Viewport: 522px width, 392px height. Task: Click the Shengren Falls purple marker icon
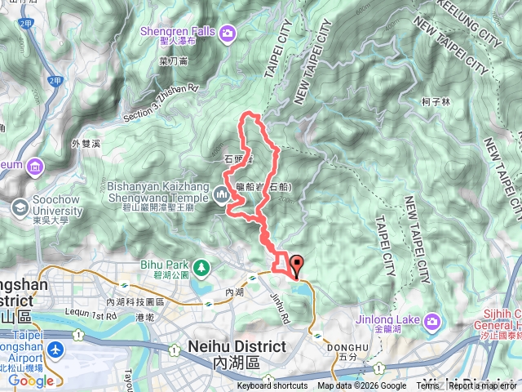228,33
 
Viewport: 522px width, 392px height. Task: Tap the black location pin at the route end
296,265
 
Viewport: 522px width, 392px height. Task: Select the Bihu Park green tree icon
199,265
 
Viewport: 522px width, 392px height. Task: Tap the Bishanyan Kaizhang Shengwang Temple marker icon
222,195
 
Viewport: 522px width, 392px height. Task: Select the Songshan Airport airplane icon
55,351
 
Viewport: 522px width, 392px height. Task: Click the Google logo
31,380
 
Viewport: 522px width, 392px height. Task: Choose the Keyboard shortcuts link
272,386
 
